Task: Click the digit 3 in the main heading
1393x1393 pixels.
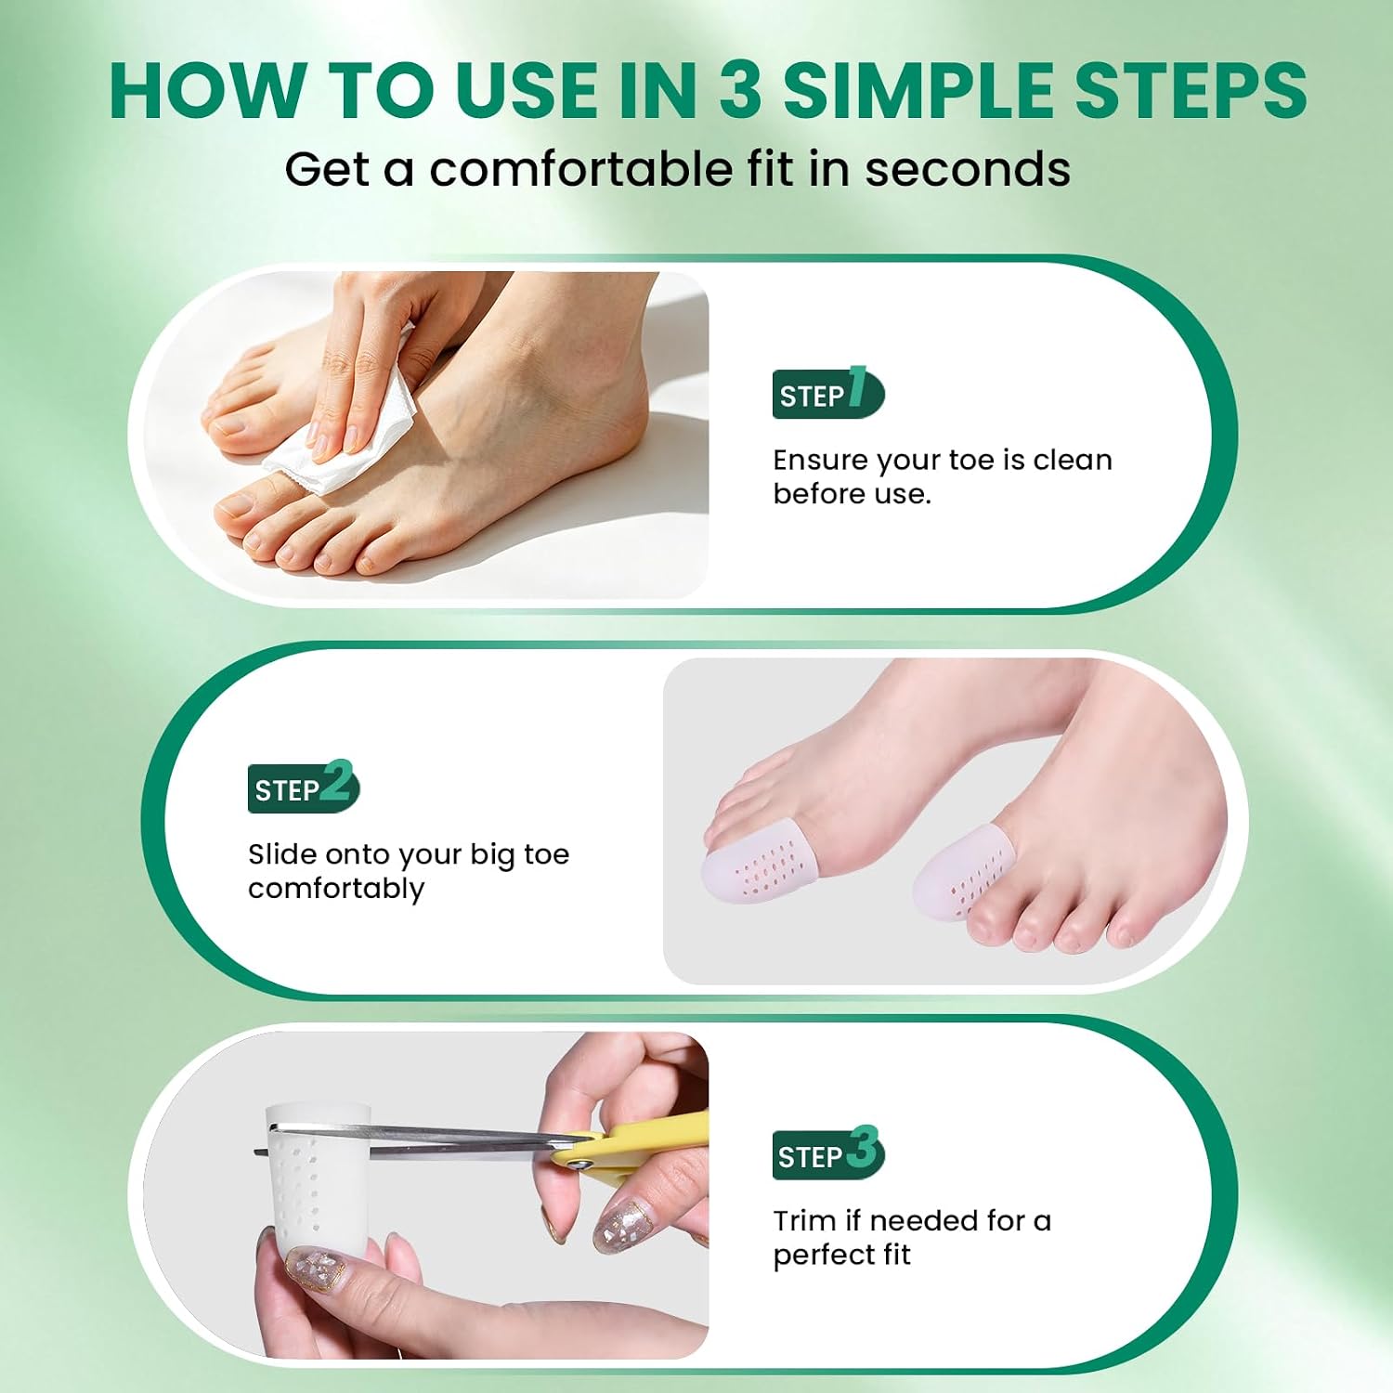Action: coord(739,90)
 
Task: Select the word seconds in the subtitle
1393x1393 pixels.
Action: coord(967,169)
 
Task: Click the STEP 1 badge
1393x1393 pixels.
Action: coord(828,393)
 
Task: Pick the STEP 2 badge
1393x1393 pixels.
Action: coord(303,787)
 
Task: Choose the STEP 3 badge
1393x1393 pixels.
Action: coord(828,1152)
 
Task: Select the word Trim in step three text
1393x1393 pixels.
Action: coord(805,1220)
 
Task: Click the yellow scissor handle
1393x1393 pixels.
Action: coord(631,1147)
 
